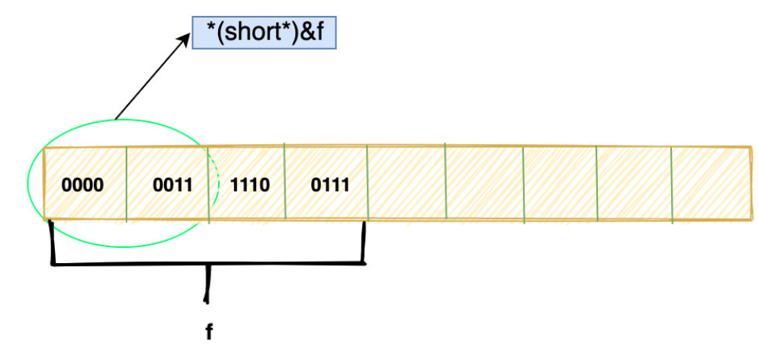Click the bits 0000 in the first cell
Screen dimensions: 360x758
(82, 185)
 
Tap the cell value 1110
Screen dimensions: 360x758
(249, 185)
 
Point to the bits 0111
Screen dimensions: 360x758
(329, 185)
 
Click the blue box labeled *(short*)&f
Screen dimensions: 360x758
(262, 34)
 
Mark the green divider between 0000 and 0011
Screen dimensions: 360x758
(126, 185)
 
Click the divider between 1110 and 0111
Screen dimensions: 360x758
(284, 185)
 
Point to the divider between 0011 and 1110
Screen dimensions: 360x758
(208, 185)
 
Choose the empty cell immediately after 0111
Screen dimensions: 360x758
(406, 185)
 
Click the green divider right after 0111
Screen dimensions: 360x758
(367, 185)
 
